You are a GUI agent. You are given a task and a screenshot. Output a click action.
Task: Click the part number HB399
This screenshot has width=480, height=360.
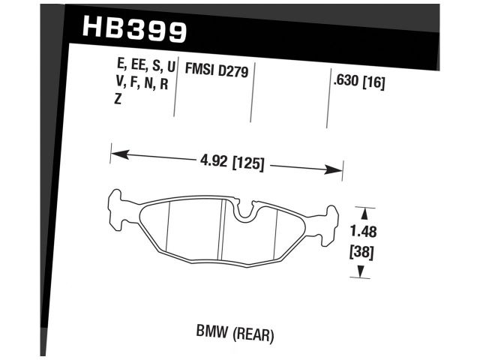coord(130,29)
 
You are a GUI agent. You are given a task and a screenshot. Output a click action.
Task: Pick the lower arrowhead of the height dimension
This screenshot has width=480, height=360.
coord(362,274)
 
